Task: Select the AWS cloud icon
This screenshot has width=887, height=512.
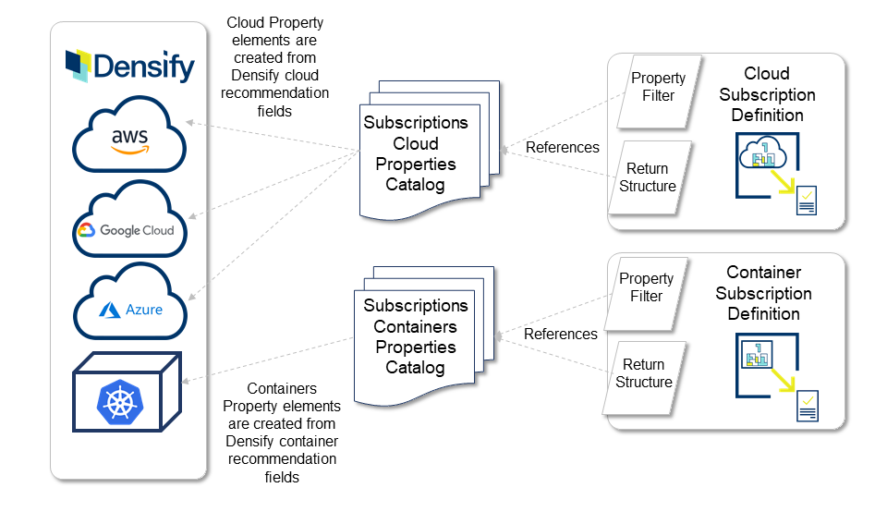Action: pos(130,139)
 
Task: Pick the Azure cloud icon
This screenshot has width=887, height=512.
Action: pos(130,306)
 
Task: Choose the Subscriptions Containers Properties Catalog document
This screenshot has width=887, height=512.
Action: pos(416,336)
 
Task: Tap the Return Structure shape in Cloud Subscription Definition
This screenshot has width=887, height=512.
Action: pos(650,177)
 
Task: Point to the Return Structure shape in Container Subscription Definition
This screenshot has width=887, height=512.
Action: pos(644,373)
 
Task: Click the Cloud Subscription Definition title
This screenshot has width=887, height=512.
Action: pos(767,94)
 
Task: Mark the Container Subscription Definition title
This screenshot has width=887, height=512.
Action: pos(763,293)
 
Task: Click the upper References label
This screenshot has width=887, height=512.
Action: pos(562,147)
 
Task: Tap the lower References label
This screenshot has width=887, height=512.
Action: pos(561,334)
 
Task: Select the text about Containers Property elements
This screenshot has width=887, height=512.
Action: pos(283,433)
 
